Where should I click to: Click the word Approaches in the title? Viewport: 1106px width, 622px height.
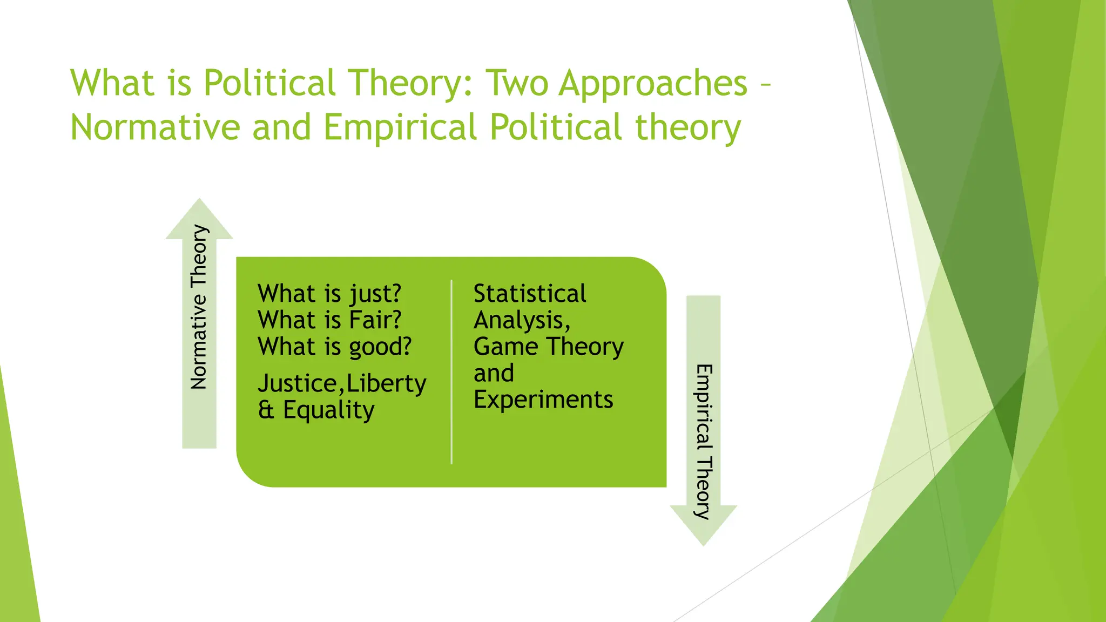(653, 84)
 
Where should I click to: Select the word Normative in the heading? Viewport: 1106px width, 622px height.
(155, 128)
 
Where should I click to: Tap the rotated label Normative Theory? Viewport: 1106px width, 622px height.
(199, 307)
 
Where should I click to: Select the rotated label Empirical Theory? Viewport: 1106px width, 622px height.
(704, 442)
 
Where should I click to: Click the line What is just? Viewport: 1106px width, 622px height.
(329, 294)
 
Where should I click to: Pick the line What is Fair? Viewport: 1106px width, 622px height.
(329, 320)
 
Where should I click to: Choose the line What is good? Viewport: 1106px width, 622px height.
(334, 347)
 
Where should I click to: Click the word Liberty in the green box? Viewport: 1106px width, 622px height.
(386, 384)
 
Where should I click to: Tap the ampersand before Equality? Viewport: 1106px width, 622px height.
(266, 410)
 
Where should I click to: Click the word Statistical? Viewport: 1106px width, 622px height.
(529, 294)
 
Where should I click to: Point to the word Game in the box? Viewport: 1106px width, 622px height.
(505, 347)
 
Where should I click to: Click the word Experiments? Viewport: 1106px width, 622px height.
(543, 400)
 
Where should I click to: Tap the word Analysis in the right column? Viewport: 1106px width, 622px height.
(520, 321)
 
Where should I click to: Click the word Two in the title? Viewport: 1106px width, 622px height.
(517, 84)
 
